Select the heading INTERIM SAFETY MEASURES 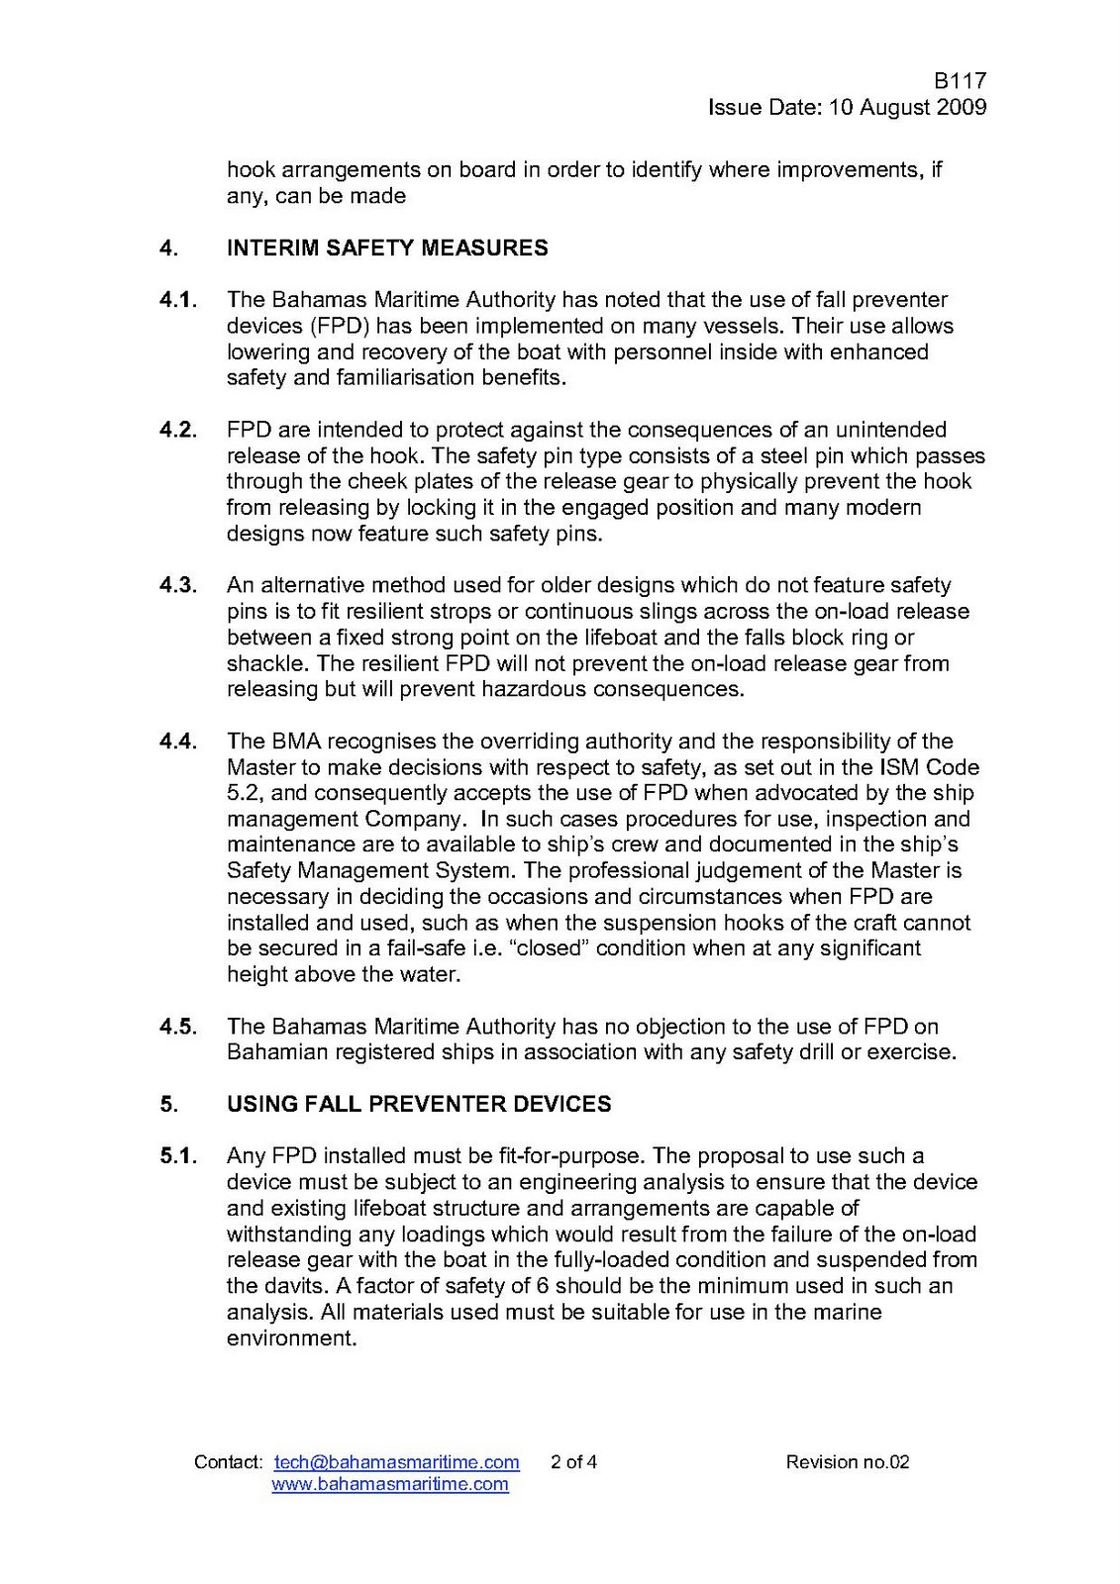pyautogui.click(x=387, y=247)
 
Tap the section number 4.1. pyautogui.click(x=178, y=300)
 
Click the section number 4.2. pyautogui.click(x=178, y=430)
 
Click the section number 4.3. pyautogui.click(x=178, y=586)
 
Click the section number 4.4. pyautogui.click(x=178, y=742)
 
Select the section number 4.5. pyautogui.click(x=178, y=1027)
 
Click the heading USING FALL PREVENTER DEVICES pyautogui.click(x=419, y=1104)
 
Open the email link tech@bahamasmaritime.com pyautogui.click(x=396, y=1462)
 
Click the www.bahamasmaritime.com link pyautogui.click(x=389, y=1484)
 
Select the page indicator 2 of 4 pyautogui.click(x=573, y=1462)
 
